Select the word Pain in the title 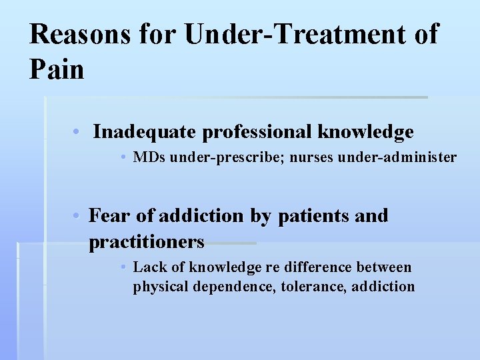[x=57, y=69]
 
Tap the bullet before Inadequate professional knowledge [x=77, y=132]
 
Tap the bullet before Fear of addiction [x=77, y=216]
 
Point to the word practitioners [x=147, y=241]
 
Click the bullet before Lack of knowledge [x=124, y=267]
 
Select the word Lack [x=149, y=267]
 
